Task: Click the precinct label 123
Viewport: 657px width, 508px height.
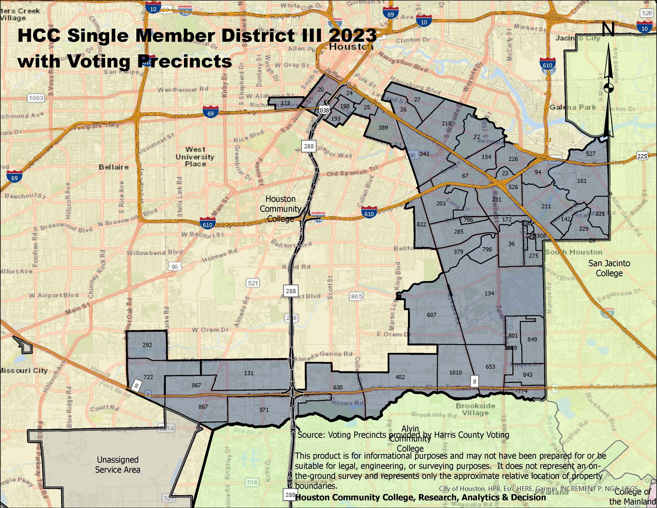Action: [x=285, y=103]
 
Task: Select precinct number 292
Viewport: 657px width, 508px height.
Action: [x=147, y=345]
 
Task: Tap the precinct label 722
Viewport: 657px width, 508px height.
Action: [x=148, y=377]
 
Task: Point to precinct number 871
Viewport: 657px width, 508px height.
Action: [x=264, y=410]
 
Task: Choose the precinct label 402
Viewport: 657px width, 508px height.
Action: [x=400, y=377]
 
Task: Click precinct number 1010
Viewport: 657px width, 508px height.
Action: [x=456, y=373]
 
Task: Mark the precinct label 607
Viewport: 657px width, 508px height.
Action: [x=432, y=315]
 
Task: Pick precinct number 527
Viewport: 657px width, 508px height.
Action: [x=591, y=154]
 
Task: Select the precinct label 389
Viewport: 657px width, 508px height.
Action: [x=383, y=128]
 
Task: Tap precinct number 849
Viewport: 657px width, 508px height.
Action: [x=532, y=339]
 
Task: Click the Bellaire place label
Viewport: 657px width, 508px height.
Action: [x=114, y=167]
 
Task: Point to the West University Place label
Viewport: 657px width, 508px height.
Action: [x=195, y=157]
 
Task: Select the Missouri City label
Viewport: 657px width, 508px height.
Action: [x=24, y=371]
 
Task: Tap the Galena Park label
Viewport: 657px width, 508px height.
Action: [x=573, y=107]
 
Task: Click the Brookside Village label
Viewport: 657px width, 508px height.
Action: [x=475, y=409]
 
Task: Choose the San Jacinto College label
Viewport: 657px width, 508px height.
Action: [x=609, y=268]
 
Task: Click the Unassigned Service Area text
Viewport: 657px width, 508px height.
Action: [x=118, y=465]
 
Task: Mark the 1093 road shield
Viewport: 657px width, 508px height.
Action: [x=36, y=98]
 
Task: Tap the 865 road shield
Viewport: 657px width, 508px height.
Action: [x=356, y=297]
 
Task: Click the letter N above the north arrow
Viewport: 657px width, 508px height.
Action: [x=608, y=30]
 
